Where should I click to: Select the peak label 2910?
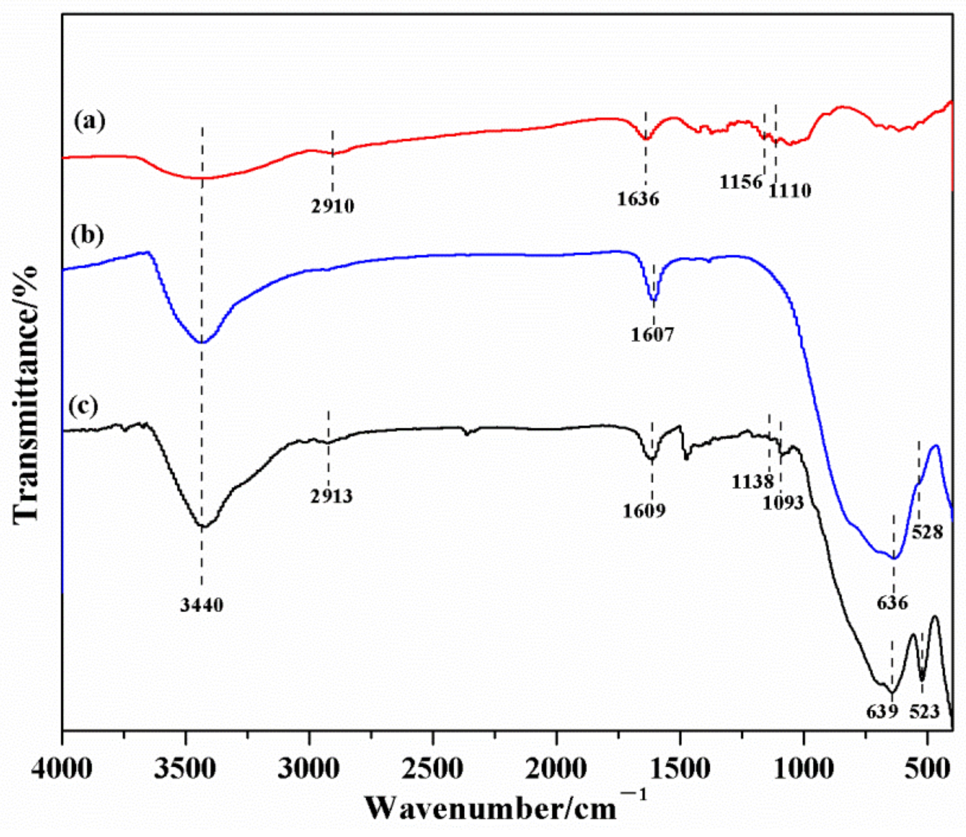(x=332, y=205)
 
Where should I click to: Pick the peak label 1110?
(x=790, y=190)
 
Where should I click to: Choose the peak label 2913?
(x=331, y=496)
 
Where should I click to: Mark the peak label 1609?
(x=644, y=511)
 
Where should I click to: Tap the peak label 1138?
(x=752, y=482)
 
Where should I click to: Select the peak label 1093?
(x=783, y=503)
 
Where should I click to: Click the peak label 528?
(x=928, y=532)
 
